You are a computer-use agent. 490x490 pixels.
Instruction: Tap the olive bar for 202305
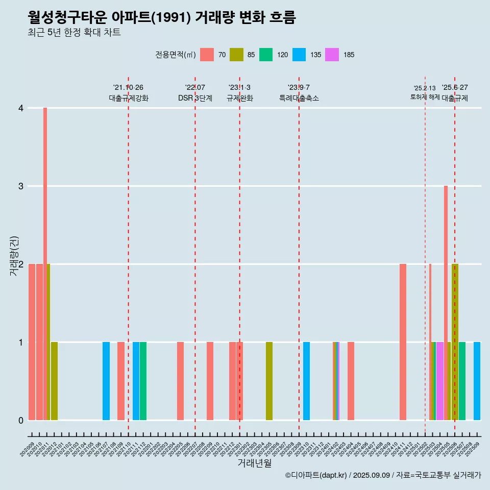click(x=269, y=381)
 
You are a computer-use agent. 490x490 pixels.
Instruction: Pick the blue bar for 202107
click(x=106, y=381)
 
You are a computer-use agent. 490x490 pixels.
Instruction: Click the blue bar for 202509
click(x=477, y=381)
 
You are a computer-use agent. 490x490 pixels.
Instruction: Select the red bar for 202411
click(x=403, y=342)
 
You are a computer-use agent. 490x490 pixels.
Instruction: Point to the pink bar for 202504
click(x=439, y=381)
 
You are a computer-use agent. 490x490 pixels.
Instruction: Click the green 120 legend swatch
click(x=266, y=55)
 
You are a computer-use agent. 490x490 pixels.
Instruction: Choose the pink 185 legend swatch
click(x=332, y=55)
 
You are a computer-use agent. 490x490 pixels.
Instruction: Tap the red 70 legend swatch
click(x=207, y=55)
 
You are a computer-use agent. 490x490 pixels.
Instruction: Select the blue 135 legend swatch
click(x=299, y=55)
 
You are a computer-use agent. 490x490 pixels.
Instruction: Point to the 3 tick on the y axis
click(x=21, y=186)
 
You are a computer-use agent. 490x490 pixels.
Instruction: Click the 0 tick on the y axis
click(x=21, y=420)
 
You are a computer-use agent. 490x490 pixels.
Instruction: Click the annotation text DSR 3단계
click(x=195, y=98)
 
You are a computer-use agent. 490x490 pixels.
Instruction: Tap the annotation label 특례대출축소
click(x=299, y=98)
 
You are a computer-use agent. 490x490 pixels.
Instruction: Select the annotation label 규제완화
click(x=240, y=98)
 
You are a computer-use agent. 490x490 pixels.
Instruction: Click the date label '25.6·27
click(x=455, y=88)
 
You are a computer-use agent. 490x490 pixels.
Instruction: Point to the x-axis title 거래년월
click(x=254, y=463)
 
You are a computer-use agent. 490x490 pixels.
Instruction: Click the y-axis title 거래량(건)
click(x=14, y=256)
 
